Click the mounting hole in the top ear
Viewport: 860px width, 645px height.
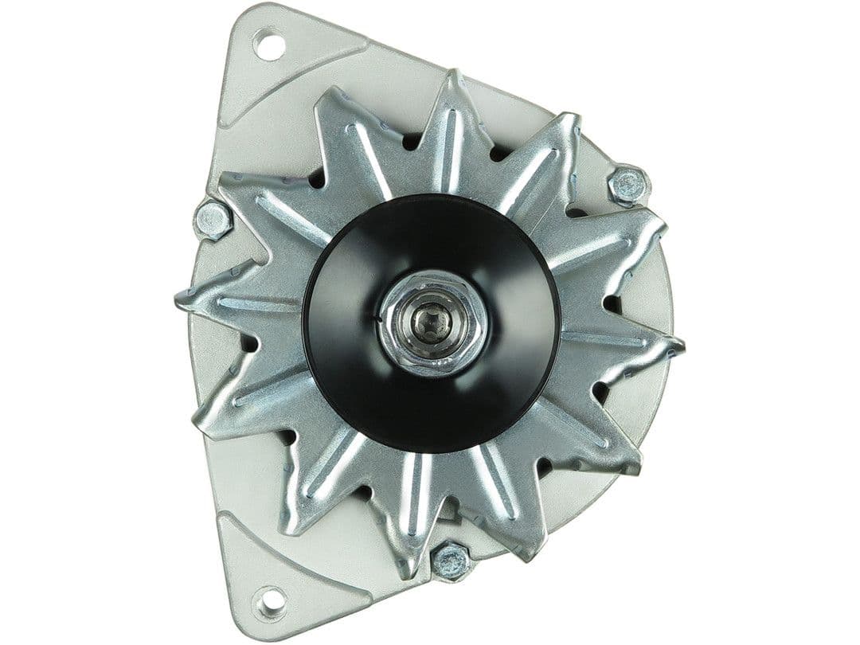(269, 43)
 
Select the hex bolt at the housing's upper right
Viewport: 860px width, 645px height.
(628, 185)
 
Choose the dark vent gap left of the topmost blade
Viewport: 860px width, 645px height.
(412, 142)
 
